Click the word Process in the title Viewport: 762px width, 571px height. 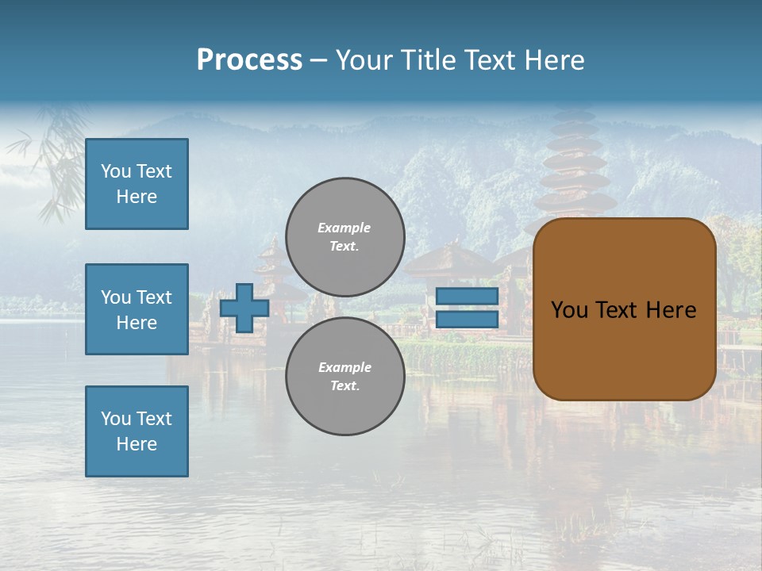pos(249,60)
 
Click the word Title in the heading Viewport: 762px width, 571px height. pos(427,60)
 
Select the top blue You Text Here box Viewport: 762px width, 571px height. pos(137,184)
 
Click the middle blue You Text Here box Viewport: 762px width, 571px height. pos(137,309)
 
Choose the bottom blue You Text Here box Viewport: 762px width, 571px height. pos(137,431)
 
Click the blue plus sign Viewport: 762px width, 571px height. pos(244,308)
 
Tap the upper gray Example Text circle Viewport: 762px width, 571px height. pos(345,237)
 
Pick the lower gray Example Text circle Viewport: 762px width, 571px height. pos(345,377)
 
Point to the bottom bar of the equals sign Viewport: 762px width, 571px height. pos(467,320)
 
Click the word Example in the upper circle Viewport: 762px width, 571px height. pos(344,228)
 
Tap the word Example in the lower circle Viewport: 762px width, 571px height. pos(344,367)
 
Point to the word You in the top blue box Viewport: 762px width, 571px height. pos(116,171)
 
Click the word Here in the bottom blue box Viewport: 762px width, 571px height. pos(137,444)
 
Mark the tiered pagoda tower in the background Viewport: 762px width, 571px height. pos(574,159)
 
